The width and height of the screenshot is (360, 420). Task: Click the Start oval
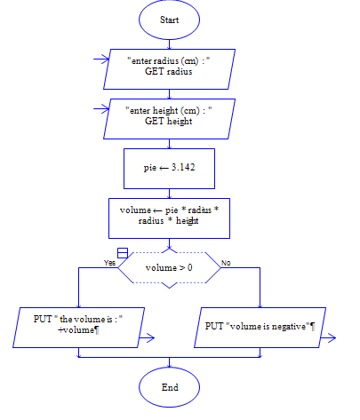click(x=169, y=20)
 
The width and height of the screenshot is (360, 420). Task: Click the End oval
click(x=169, y=387)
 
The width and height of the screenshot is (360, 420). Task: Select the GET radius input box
click(x=169, y=67)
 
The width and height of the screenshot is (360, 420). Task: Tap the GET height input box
click(x=169, y=118)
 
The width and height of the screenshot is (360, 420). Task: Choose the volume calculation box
click(x=169, y=216)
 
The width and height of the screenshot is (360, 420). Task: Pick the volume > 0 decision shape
click(x=169, y=265)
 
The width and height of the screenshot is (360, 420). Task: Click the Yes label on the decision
click(x=109, y=263)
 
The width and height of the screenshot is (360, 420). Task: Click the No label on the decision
click(x=225, y=263)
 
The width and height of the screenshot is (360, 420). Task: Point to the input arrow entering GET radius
click(x=100, y=62)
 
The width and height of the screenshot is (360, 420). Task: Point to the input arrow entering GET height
click(x=100, y=113)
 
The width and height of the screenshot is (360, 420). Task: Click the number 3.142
click(x=183, y=166)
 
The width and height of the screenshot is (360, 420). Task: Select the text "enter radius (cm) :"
click(x=169, y=60)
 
